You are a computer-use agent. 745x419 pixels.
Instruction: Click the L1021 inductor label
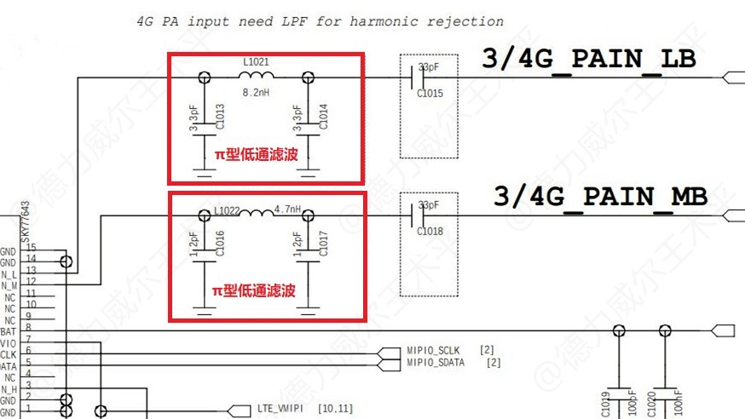click(256, 62)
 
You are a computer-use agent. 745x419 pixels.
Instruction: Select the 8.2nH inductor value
click(257, 91)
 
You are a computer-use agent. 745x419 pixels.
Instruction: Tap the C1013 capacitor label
click(220, 117)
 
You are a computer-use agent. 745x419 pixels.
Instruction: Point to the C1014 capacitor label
click(323, 117)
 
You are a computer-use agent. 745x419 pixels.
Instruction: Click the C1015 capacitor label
click(430, 94)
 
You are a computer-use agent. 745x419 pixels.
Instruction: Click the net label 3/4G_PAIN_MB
click(600, 196)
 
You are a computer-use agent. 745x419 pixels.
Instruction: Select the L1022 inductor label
click(228, 209)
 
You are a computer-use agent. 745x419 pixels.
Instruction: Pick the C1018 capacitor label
click(430, 230)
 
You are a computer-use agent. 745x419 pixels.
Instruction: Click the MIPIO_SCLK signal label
click(433, 350)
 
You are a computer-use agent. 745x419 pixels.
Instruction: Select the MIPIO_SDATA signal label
click(436, 363)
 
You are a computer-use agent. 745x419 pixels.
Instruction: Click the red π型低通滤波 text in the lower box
click(255, 291)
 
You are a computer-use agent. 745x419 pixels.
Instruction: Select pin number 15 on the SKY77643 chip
click(31, 247)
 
